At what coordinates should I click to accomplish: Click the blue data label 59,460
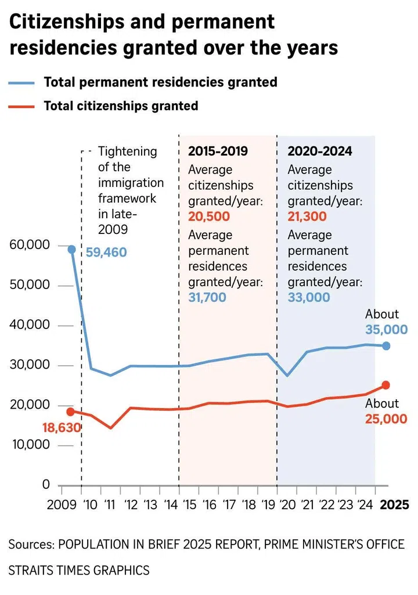tap(106, 253)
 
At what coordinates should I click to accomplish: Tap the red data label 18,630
tap(61, 428)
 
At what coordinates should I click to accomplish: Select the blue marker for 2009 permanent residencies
tap(71, 250)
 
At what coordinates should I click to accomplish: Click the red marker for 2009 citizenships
tap(71, 412)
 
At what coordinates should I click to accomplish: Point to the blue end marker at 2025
tap(386, 346)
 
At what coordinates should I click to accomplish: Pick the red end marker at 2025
tap(386, 385)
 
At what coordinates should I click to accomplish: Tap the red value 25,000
tap(385, 419)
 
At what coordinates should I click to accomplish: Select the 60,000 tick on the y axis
tap(30, 246)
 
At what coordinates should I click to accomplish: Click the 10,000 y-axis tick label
tap(30, 445)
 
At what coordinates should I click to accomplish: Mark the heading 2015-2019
tap(218, 152)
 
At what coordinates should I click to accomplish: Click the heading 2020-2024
tap(320, 152)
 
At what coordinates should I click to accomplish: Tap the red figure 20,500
tap(209, 217)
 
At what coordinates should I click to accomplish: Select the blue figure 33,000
tap(309, 297)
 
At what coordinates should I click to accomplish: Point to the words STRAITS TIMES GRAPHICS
tap(78, 570)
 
